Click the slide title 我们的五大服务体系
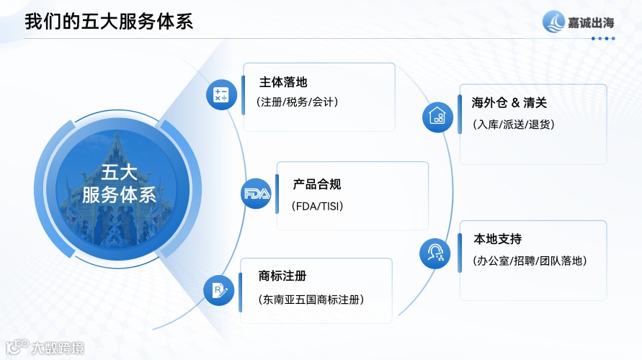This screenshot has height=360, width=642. point(109,21)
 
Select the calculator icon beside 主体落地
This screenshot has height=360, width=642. point(220,95)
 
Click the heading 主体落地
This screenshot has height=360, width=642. point(283,82)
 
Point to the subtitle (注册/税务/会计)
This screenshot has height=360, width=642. point(297,102)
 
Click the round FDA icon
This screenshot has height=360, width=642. point(256,194)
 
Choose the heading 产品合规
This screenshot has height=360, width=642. point(317,185)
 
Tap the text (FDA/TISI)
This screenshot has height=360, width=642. point(318,207)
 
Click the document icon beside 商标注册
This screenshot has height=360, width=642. point(218,290)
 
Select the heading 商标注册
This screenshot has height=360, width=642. point(282,276)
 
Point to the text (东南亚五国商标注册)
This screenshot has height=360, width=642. point(311,299)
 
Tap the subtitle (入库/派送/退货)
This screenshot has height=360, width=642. point(514,124)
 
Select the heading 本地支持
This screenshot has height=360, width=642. point(497,239)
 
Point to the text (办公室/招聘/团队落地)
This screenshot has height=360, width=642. point(530,261)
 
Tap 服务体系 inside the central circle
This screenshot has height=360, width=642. point(119,195)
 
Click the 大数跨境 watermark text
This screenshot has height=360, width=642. point(57,348)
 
